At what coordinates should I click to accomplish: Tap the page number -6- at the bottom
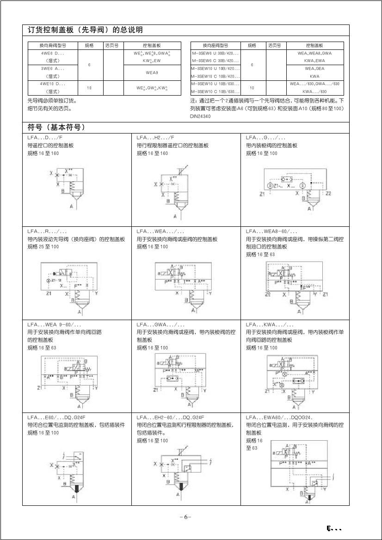[185, 517]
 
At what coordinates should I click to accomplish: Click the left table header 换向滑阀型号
[53, 46]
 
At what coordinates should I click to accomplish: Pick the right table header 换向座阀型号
[216, 46]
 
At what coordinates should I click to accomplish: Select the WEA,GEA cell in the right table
[314, 68]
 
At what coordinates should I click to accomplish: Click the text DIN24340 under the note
[200, 116]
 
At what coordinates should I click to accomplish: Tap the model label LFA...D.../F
[44, 138]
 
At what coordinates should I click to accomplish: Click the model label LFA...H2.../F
[155, 138]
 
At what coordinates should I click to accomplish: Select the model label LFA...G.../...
[265, 138]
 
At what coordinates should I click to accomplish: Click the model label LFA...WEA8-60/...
[271, 231]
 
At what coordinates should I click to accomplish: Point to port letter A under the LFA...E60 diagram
[74, 496]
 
